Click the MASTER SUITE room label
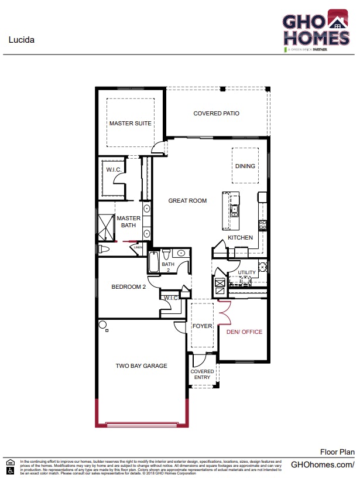[131, 124]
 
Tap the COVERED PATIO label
[216, 114]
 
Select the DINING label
[245, 166]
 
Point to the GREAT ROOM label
[187, 201]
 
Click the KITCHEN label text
[240, 238]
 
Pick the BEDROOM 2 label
[129, 287]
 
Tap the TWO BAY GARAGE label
[141, 366]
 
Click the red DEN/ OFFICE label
[244, 332]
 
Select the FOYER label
[202, 326]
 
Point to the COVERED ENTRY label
[203, 374]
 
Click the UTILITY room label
[246, 273]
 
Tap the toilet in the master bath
[104, 250]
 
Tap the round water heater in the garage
[102, 325]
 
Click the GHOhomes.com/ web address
[323, 465]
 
